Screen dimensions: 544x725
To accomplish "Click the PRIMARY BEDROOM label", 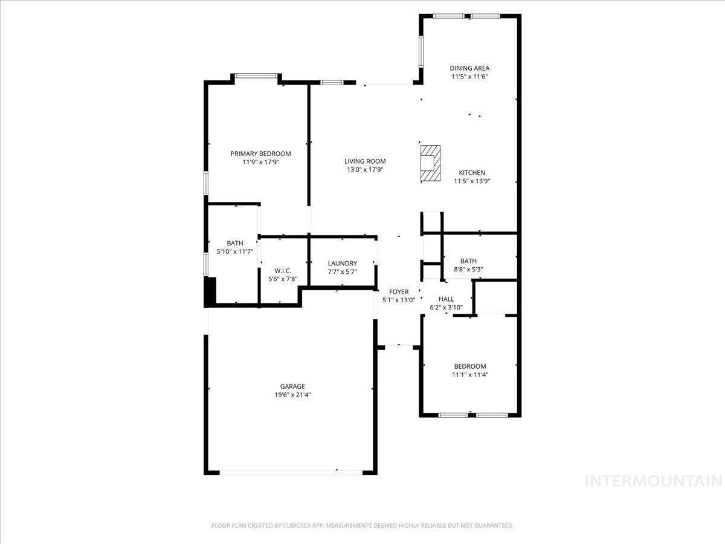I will [260, 154].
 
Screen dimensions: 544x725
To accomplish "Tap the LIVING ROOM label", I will [365, 161].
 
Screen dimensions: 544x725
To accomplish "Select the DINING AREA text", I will [469, 68].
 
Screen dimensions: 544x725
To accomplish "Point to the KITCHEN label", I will [471, 173].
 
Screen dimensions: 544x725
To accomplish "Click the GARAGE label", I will [292, 386].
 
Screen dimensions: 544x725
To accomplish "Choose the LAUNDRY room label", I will [342, 264].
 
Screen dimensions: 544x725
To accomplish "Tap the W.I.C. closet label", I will [283, 271].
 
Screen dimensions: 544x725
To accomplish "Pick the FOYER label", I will [399, 292].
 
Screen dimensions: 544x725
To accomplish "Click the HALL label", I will [446, 299].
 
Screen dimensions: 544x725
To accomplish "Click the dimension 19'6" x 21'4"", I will [292, 395].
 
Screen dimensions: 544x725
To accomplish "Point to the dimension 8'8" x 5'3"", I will [468, 270].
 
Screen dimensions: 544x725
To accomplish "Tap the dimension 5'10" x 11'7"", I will [235, 251].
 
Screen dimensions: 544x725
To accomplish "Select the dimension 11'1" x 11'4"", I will [470, 375].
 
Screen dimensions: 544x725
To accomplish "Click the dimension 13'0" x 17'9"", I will [365, 170].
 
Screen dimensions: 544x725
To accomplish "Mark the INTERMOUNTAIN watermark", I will [654, 481].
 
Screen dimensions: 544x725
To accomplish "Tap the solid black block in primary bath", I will [211, 291].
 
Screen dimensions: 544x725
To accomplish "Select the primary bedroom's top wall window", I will [256, 76].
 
